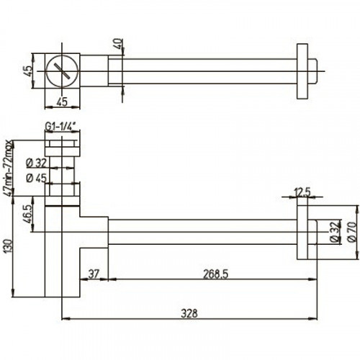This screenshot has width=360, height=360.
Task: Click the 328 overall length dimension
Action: pyautogui.click(x=189, y=312)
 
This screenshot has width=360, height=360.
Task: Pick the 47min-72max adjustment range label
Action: pyautogui.click(x=9, y=167)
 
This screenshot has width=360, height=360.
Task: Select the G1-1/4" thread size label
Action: pyautogui.click(x=62, y=127)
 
